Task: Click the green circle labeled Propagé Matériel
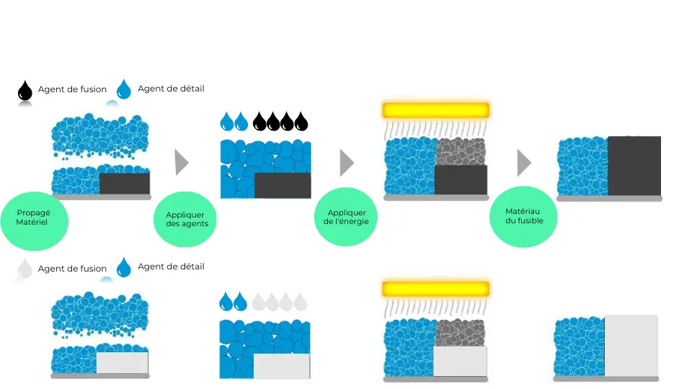click(35, 218)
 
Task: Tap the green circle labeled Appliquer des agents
click(185, 218)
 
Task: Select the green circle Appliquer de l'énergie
click(347, 217)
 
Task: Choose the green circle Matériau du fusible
click(523, 216)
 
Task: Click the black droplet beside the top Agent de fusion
click(25, 91)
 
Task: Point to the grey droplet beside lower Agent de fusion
click(25, 269)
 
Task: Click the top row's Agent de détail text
click(171, 89)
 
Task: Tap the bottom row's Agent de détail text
click(171, 267)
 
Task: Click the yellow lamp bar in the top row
click(435, 110)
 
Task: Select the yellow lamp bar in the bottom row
click(435, 289)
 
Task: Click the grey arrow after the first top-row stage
click(181, 163)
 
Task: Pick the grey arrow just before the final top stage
click(523, 163)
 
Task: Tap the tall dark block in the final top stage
click(634, 166)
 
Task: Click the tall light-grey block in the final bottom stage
click(631, 346)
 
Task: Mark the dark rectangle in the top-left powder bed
click(124, 184)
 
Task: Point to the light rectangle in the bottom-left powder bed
click(122, 362)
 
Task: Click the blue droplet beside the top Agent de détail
click(125, 89)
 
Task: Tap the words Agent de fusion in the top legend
click(72, 90)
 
